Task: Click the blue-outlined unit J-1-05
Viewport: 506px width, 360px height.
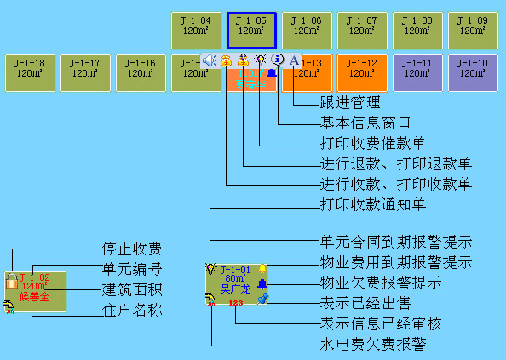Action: click(251, 31)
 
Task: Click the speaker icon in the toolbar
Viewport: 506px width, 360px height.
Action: click(210, 60)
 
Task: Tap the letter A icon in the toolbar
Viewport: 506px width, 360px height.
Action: click(294, 60)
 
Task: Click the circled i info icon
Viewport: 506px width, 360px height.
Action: click(277, 60)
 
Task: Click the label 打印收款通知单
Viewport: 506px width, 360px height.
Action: click(372, 204)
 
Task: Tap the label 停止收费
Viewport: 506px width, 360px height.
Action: click(132, 249)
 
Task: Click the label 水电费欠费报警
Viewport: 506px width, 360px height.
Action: click(372, 344)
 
